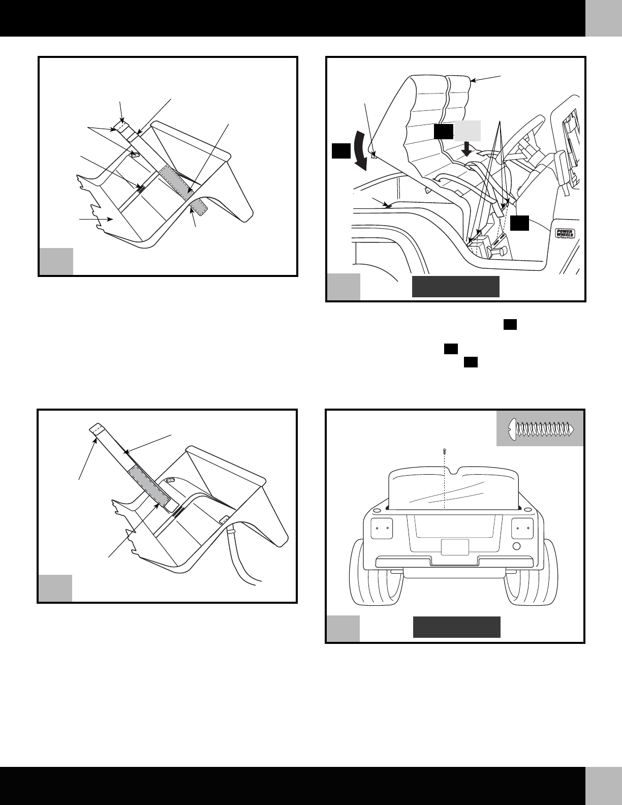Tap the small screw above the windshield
445,450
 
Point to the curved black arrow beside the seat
359,151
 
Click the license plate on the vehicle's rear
455,547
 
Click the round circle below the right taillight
517,547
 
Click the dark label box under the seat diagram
455,287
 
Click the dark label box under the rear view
456,627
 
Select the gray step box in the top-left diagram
56,261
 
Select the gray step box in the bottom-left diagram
55,588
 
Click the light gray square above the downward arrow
468,131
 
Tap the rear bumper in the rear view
454,562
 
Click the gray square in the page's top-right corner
603,18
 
